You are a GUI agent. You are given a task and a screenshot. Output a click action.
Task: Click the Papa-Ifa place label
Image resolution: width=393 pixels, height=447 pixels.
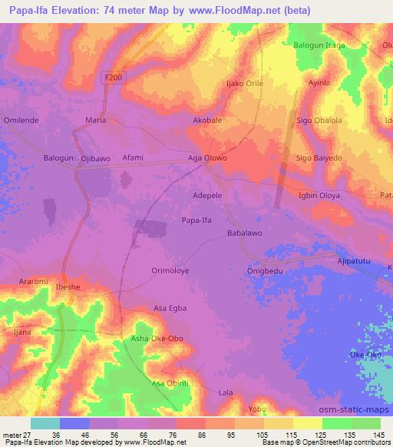[196, 220]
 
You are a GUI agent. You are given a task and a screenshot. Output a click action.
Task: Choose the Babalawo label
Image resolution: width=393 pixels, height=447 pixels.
[245, 233]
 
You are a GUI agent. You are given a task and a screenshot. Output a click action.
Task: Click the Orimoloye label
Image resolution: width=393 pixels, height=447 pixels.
[172, 270]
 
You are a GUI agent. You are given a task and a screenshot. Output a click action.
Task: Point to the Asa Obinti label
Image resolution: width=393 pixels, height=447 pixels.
[170, 383]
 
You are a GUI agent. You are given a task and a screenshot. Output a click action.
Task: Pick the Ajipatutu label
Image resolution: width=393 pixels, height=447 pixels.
[354, 262]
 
